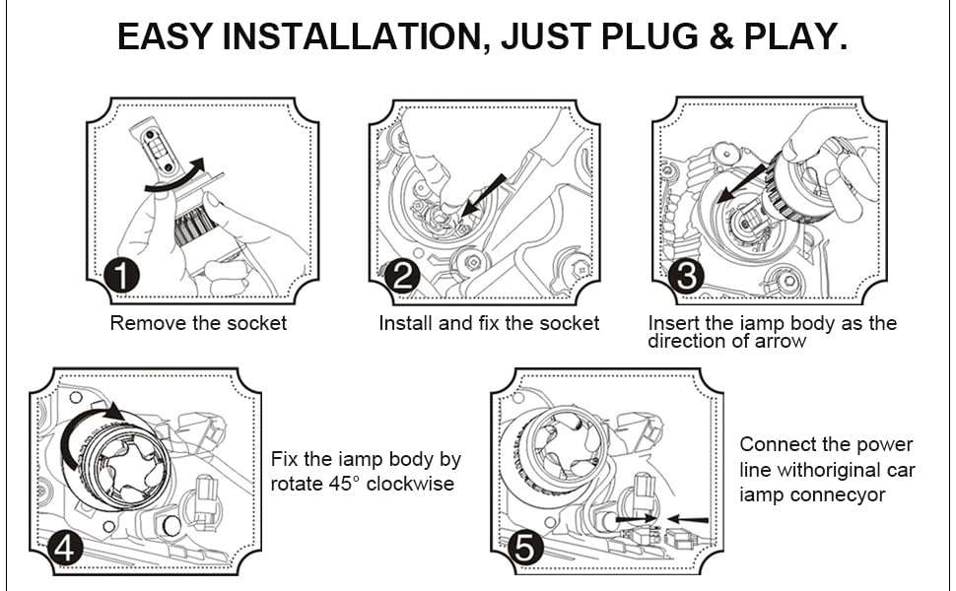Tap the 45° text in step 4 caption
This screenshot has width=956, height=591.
341,485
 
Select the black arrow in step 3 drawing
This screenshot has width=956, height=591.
740,183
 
